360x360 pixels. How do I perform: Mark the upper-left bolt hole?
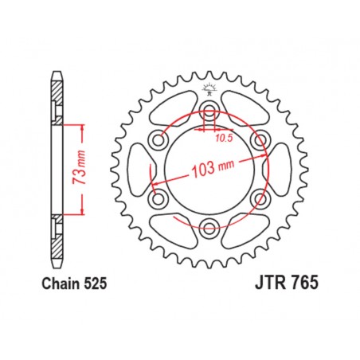158,140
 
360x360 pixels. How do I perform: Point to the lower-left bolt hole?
158,197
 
